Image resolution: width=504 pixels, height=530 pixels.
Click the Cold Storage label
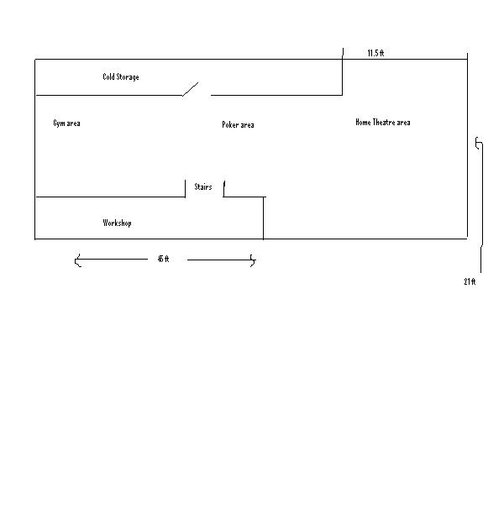coord(121,77)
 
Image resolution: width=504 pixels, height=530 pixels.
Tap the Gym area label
coord(66,123)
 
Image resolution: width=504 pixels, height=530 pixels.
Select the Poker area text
coord(238,124)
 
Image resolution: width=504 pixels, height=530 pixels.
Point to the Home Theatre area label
coord(383,123)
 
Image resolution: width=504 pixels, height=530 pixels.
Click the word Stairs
coord(202,186)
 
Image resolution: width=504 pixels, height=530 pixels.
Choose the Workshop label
coord(117,223)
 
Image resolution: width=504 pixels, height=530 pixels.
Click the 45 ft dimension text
coord(163,259)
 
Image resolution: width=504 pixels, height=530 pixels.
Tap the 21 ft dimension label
coord(470,281)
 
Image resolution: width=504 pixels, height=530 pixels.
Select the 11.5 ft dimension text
coord(375,53)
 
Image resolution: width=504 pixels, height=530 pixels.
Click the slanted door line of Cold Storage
coord(191,89)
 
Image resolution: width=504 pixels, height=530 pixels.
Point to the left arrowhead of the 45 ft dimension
coord(77,260)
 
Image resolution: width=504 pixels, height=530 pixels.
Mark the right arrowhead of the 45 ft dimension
coord(253,260)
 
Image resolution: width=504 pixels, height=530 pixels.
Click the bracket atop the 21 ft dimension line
coord(478,143)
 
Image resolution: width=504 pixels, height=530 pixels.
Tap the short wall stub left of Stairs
coord(186,188)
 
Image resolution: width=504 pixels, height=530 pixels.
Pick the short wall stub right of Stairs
coord(223,189)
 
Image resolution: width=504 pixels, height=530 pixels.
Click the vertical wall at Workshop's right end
coord(263,218)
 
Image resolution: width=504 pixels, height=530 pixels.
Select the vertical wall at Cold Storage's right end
coord(343,71)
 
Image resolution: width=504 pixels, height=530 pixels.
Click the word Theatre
coord(385,123)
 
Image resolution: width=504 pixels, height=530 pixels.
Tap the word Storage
coord(128,77)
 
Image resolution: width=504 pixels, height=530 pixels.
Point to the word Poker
coord(230,124)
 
